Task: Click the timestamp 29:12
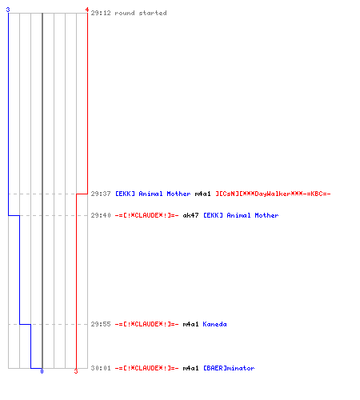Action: pos(101,13)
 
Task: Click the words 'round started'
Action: pos(141,13)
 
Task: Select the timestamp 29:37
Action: pos(101,194)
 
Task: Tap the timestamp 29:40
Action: pos(101,215)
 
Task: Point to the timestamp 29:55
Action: pos(101,324)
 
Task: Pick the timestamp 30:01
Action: pos(101,368)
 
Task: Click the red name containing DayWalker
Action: pos(273,194)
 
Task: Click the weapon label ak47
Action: pos(190,215)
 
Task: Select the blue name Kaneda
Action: pos(214,324)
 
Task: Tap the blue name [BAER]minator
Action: pos(229,368)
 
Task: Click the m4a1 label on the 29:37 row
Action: pos(202,194)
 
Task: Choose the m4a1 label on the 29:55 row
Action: pos(190,324)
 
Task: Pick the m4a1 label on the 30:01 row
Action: pos(190,368)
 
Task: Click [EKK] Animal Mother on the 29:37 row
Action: pos(153,194)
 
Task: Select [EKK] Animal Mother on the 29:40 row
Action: pos(241,215)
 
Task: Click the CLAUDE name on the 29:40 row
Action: pos(146,215)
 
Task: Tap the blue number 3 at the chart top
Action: pos(8,10)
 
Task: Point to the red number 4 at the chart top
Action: pos(87,10)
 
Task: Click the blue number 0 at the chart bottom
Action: pos(42,371)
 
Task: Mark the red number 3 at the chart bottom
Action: pos(76,371)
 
